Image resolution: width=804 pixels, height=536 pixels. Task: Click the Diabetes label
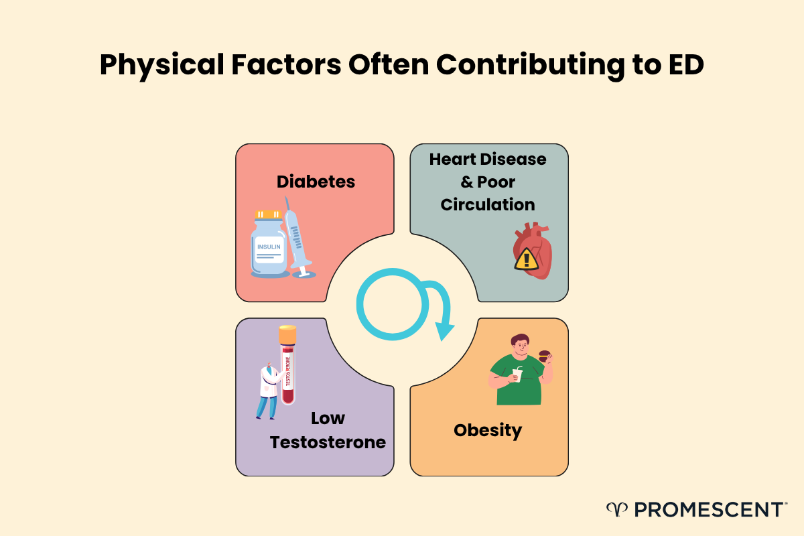pyautogui.click(x=316, y=181)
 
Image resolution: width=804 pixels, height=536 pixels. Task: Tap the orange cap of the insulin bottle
pyautogui.click(x=268, y=214)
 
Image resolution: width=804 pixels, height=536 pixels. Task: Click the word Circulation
pyautogui.click(x=488, y=204)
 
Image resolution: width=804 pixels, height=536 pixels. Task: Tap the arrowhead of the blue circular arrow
pyautogui.click(x=444, y=330)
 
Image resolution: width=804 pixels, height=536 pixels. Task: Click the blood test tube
pyautogui.click(x=288, y=368)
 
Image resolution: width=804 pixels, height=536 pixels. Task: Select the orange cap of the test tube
pyautogui.click(x=287, y=333)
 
